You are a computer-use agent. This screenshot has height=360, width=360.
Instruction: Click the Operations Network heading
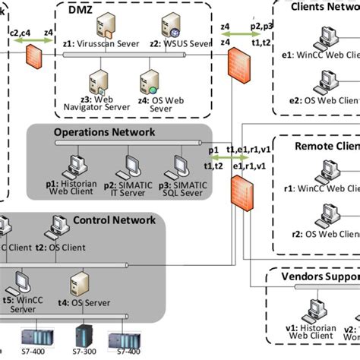(104, 132)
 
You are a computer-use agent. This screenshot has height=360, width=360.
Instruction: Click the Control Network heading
(113, 221)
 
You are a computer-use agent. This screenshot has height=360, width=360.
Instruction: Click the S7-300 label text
(84, 353)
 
